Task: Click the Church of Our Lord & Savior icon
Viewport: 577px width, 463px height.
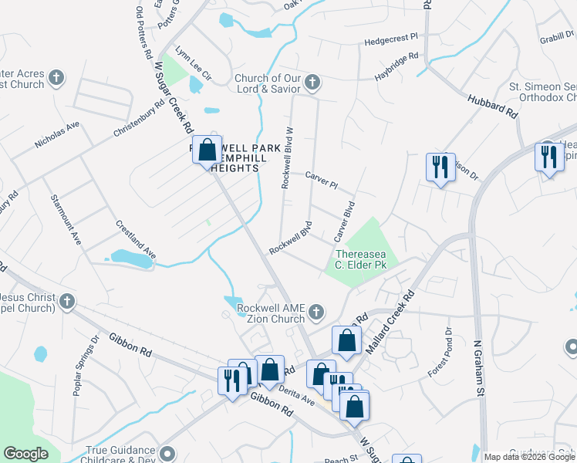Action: pos(312,82)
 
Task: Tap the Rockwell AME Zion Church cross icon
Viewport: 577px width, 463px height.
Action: pos(315,313)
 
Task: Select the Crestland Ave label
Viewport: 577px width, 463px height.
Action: pos(136,240)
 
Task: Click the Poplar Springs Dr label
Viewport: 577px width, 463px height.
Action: pos(86,367)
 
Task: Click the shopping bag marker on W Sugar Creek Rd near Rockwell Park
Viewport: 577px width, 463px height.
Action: pos(208,149)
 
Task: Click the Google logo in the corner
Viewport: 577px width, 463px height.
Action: pos(25,454)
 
